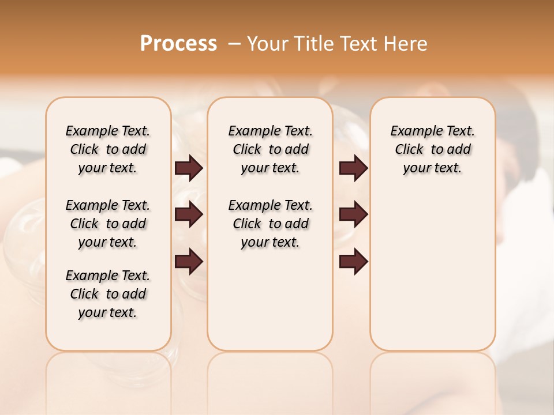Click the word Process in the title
pos(178,43)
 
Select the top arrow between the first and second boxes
pos(189,168)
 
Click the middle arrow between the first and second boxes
pos(189,214)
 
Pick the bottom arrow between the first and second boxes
pos(189,261)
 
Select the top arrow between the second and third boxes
pos(353,168)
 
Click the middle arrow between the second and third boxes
pos(353,214)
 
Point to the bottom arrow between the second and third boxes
pos(353,261)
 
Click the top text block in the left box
pos(108,149)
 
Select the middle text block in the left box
pos(108,224)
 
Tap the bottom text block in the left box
pos(108,294)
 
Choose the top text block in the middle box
pos(270,149)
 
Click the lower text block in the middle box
pos(270,224)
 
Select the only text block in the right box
pos(433,149)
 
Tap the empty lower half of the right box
pos(433,277)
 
